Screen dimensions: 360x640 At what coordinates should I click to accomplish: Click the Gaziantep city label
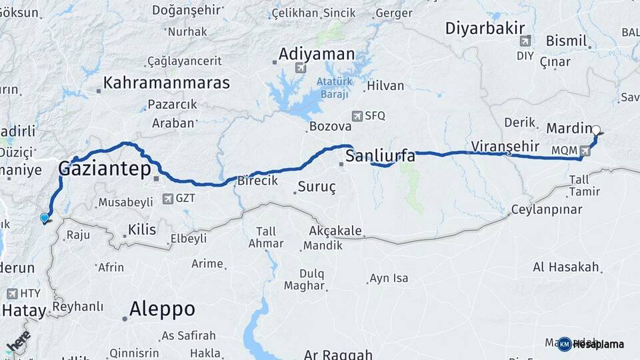105,169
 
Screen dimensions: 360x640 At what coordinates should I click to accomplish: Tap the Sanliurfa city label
381,157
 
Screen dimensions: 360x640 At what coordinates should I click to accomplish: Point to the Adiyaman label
316,53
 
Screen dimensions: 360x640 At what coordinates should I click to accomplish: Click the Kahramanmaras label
167,83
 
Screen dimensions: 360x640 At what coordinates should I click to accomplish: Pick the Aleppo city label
162,309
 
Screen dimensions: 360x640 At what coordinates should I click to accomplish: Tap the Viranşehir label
504,146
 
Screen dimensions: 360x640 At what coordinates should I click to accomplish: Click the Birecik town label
258,181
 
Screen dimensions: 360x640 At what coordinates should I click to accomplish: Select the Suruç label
317,187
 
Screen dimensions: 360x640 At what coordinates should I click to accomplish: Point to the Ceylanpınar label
547,209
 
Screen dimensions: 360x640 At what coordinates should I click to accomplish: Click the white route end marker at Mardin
596,131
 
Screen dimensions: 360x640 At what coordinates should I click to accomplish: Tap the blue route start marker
45,217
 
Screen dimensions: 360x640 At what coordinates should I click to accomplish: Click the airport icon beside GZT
168,198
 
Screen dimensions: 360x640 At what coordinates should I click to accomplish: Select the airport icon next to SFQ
357,115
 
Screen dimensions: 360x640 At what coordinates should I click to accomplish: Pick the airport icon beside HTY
12,293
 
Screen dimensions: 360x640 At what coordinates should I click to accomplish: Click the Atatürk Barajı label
333,88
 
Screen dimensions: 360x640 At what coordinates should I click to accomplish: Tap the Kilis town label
143,230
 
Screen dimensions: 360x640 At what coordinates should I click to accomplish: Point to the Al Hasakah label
566,267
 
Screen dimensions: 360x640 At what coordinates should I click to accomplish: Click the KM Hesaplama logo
591,344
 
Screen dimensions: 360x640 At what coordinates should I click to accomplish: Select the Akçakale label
335,231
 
